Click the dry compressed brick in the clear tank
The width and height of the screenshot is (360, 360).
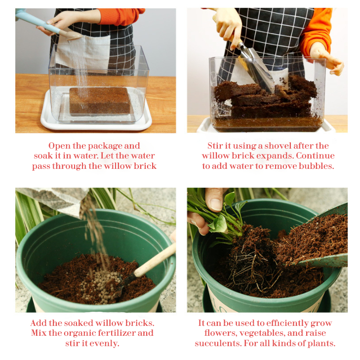pyautogui.click(x=100, y=101)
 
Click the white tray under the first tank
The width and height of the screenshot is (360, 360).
pyautogui.click(x=96, y=124)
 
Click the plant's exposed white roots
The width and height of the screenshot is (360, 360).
pyautogui.click(x=252, y=271)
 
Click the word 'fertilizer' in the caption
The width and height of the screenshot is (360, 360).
pyautogui.click(x=114, y=333)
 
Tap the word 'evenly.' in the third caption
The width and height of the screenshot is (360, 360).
pyautogui.click(x=104, y=344)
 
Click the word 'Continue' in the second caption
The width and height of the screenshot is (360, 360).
pyautogui.click(x=315, y=156)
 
